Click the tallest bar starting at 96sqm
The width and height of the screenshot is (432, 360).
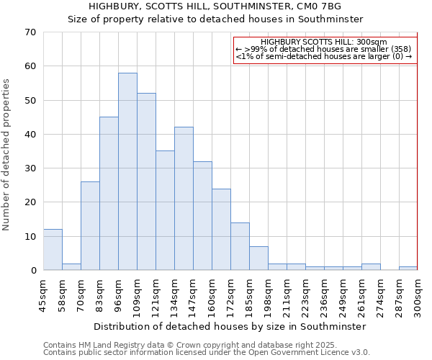point(127,171)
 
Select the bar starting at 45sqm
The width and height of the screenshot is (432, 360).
point(53,250)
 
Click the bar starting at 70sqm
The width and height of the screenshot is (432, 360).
point(90,226)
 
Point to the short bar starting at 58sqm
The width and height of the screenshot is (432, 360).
point(71,266)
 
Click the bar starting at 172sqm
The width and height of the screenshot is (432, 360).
point(240,246)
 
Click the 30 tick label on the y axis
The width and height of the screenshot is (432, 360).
point(30,168)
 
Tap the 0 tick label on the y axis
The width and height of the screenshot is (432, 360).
point(32,271)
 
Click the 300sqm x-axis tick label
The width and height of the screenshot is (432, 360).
point(418,294)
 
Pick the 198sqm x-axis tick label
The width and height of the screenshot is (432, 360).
point(268,294)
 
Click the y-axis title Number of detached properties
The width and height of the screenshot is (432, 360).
point(6,155)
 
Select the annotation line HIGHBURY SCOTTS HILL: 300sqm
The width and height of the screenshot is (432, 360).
point(324,42)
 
